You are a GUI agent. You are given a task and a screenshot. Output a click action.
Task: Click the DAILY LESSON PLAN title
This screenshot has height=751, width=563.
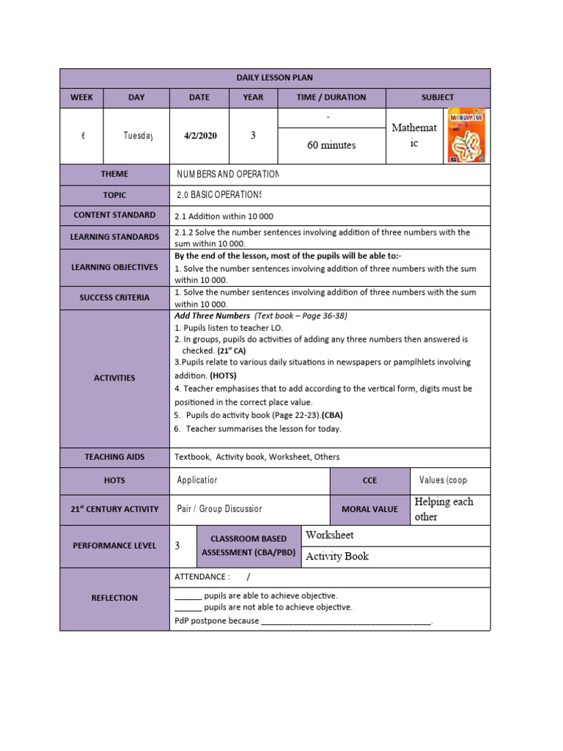pyautogui.click(x=274, y=78)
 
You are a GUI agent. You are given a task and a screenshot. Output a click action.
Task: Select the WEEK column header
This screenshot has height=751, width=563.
pyautogui.click(x=81, y=98)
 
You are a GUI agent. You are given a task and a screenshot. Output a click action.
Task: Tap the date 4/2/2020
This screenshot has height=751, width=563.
pyautogui.click(x=199, y=136)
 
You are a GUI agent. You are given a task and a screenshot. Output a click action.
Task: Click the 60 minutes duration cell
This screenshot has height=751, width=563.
pyautogui.click(x=331, y=145)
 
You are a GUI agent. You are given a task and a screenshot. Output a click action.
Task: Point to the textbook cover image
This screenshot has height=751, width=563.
pyautogui.click(x=466, y=136)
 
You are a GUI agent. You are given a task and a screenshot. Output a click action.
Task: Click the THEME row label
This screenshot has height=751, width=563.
pyautogui.click(x=114, y=175)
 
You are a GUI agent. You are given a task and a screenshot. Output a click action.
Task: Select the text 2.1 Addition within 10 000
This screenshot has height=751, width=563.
pyautogui.click(x=224, y=216)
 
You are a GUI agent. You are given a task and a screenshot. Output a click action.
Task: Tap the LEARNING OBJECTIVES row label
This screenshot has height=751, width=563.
pyautogui.click(x=114, y=268)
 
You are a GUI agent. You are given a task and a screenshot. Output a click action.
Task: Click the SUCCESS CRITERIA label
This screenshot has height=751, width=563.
pyautogui.click(x=114, y=298)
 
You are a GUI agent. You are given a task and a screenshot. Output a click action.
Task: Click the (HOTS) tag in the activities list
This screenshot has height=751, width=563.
pyautogui.click(x=223, y=375)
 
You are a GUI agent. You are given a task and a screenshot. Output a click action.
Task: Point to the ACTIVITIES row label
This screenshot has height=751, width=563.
pyautogui.click(x=114, y=378)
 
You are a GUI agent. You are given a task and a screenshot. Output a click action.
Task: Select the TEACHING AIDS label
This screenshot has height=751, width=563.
pyautogui.click(x=114, y=457)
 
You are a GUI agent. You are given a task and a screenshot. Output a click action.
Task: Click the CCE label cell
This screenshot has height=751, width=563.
pyautogui.click(x=369, y=480)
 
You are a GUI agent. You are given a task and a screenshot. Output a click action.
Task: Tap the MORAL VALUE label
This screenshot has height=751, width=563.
pyautogui.click(x=369, y=510)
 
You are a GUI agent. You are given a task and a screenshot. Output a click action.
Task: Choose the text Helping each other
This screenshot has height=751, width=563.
pyautogui.click(x=444, y=509)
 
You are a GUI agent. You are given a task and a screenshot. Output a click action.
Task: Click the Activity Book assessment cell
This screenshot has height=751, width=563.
pyautogui.click(x=337, y=557)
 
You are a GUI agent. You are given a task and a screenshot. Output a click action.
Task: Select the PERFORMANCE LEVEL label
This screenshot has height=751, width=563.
pyautogui.click(x=114, y=546)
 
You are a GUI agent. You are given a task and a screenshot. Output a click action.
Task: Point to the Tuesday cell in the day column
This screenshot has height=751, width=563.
pyautogui.click(x=137, y=136)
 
